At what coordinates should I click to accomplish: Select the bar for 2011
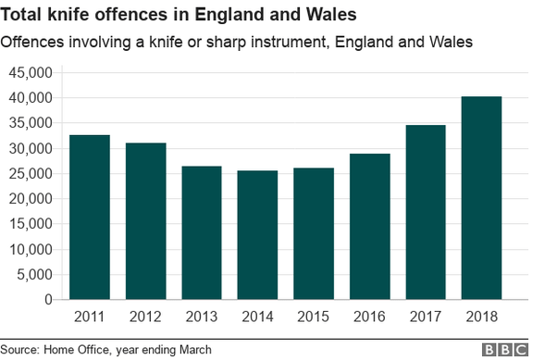[89, 217]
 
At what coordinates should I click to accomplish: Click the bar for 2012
[145, 221]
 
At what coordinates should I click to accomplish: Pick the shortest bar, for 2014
[258, 235]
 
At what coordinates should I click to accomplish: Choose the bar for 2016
[371, 227]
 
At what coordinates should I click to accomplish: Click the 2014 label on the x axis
[258, 317]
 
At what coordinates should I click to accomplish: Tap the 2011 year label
[89, 317]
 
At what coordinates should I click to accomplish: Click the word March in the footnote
[193, 350]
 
